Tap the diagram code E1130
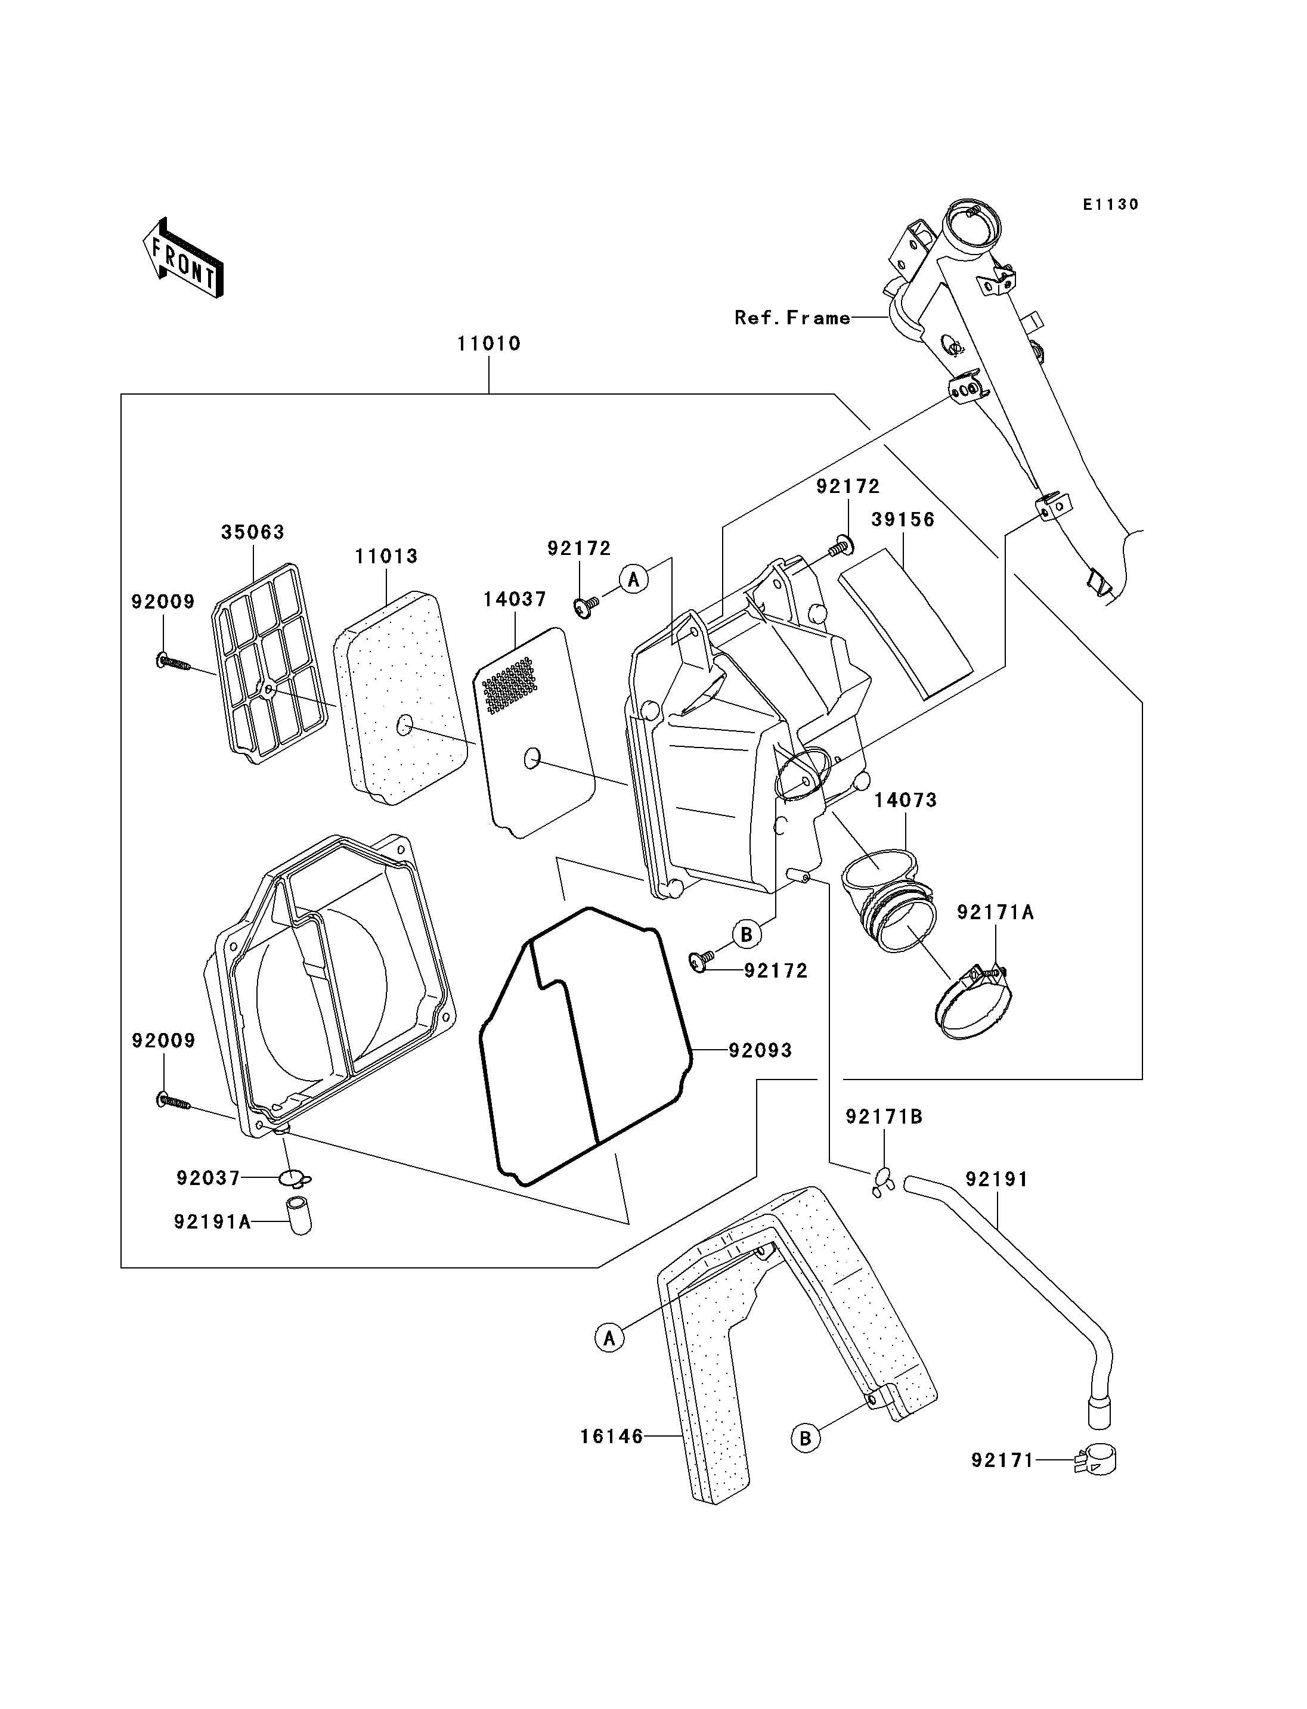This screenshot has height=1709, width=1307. coord(1110,204)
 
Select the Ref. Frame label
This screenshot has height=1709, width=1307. coord(792,318)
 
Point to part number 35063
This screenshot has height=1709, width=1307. coord(253,532)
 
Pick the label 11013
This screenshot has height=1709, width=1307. coord(386,556)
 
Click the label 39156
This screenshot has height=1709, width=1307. coord(903,520)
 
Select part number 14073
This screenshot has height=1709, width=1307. coord(906,800)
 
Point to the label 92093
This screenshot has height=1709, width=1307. coord(760,1051)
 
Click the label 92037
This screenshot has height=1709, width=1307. coord(209,1178)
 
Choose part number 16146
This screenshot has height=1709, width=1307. coord(612,1437)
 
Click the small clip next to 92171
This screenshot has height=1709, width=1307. coord(1095,1462)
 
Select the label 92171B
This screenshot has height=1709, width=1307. coord(884,1117)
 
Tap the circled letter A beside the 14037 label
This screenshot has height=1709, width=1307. coord(634,579)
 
